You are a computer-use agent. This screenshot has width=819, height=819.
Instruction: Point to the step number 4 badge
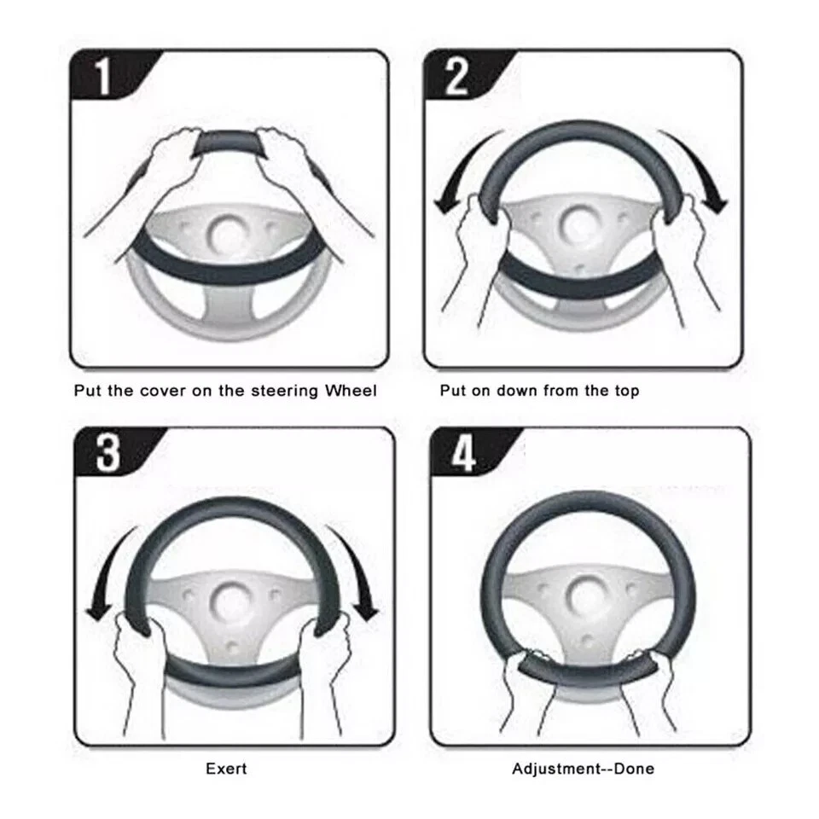click(463, 455)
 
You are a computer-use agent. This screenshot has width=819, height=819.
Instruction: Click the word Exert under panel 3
click(226, 769)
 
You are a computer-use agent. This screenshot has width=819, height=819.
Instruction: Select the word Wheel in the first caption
click(350, 391)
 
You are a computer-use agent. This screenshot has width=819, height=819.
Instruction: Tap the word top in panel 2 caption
click(624, 391)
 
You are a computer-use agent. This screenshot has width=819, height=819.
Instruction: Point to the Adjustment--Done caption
click(583, 769)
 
